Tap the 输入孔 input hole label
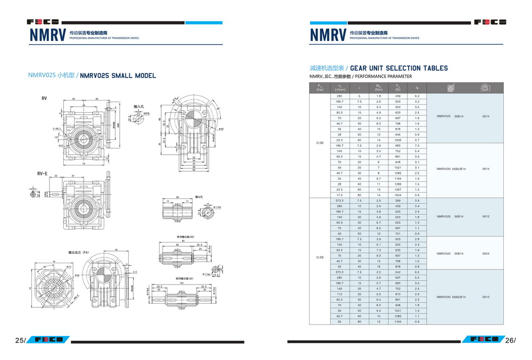[139, 107]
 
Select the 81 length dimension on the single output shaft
[184, 241]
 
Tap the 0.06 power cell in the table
[320, 143]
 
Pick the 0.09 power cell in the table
[320, 258]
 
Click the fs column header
[417, 88]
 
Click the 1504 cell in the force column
[397, 195]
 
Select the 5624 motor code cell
[486, 254]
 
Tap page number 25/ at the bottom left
[20, 340]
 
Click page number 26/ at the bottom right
[510, 340]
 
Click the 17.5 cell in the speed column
[339, 195]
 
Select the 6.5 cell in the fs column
[417, 272]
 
